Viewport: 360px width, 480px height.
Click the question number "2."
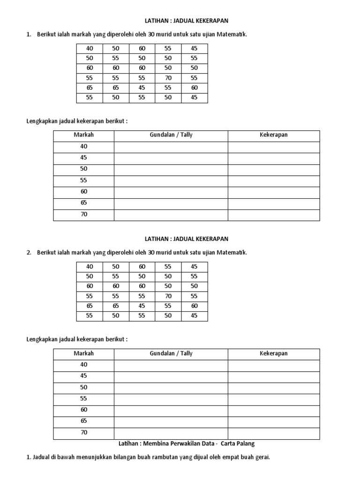pyautogui.click(x=29, y=253)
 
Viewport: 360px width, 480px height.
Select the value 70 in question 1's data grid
pyautogui.click(x=168, y=78)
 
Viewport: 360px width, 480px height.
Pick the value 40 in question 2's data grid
pyautogui.click(x=90, y=266)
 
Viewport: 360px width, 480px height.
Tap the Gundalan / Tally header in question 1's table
pyautogui.click(x=171, y=135)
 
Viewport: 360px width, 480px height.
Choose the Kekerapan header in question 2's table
pyautogui.click(x=274, y=353)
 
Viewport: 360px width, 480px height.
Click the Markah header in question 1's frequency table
pyautogui.click(x=84, y=135)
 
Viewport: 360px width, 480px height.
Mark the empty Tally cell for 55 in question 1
pyautogui.click(x=171, y=180)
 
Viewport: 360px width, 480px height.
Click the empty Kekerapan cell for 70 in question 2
pyautogui.click(x=274, y=433)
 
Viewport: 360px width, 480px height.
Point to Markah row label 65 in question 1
pyautogui.click(x=84, y=203)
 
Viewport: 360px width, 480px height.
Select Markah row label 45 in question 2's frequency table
pyautogui.click(x=84, y=376)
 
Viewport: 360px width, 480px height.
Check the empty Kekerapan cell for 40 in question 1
pyautogui.click(x=274, y=147)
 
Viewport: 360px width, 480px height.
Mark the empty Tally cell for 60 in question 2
pyautogui.click(x=171, y=410)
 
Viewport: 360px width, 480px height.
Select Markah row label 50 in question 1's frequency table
pyautogui.click(x=84, y=169)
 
